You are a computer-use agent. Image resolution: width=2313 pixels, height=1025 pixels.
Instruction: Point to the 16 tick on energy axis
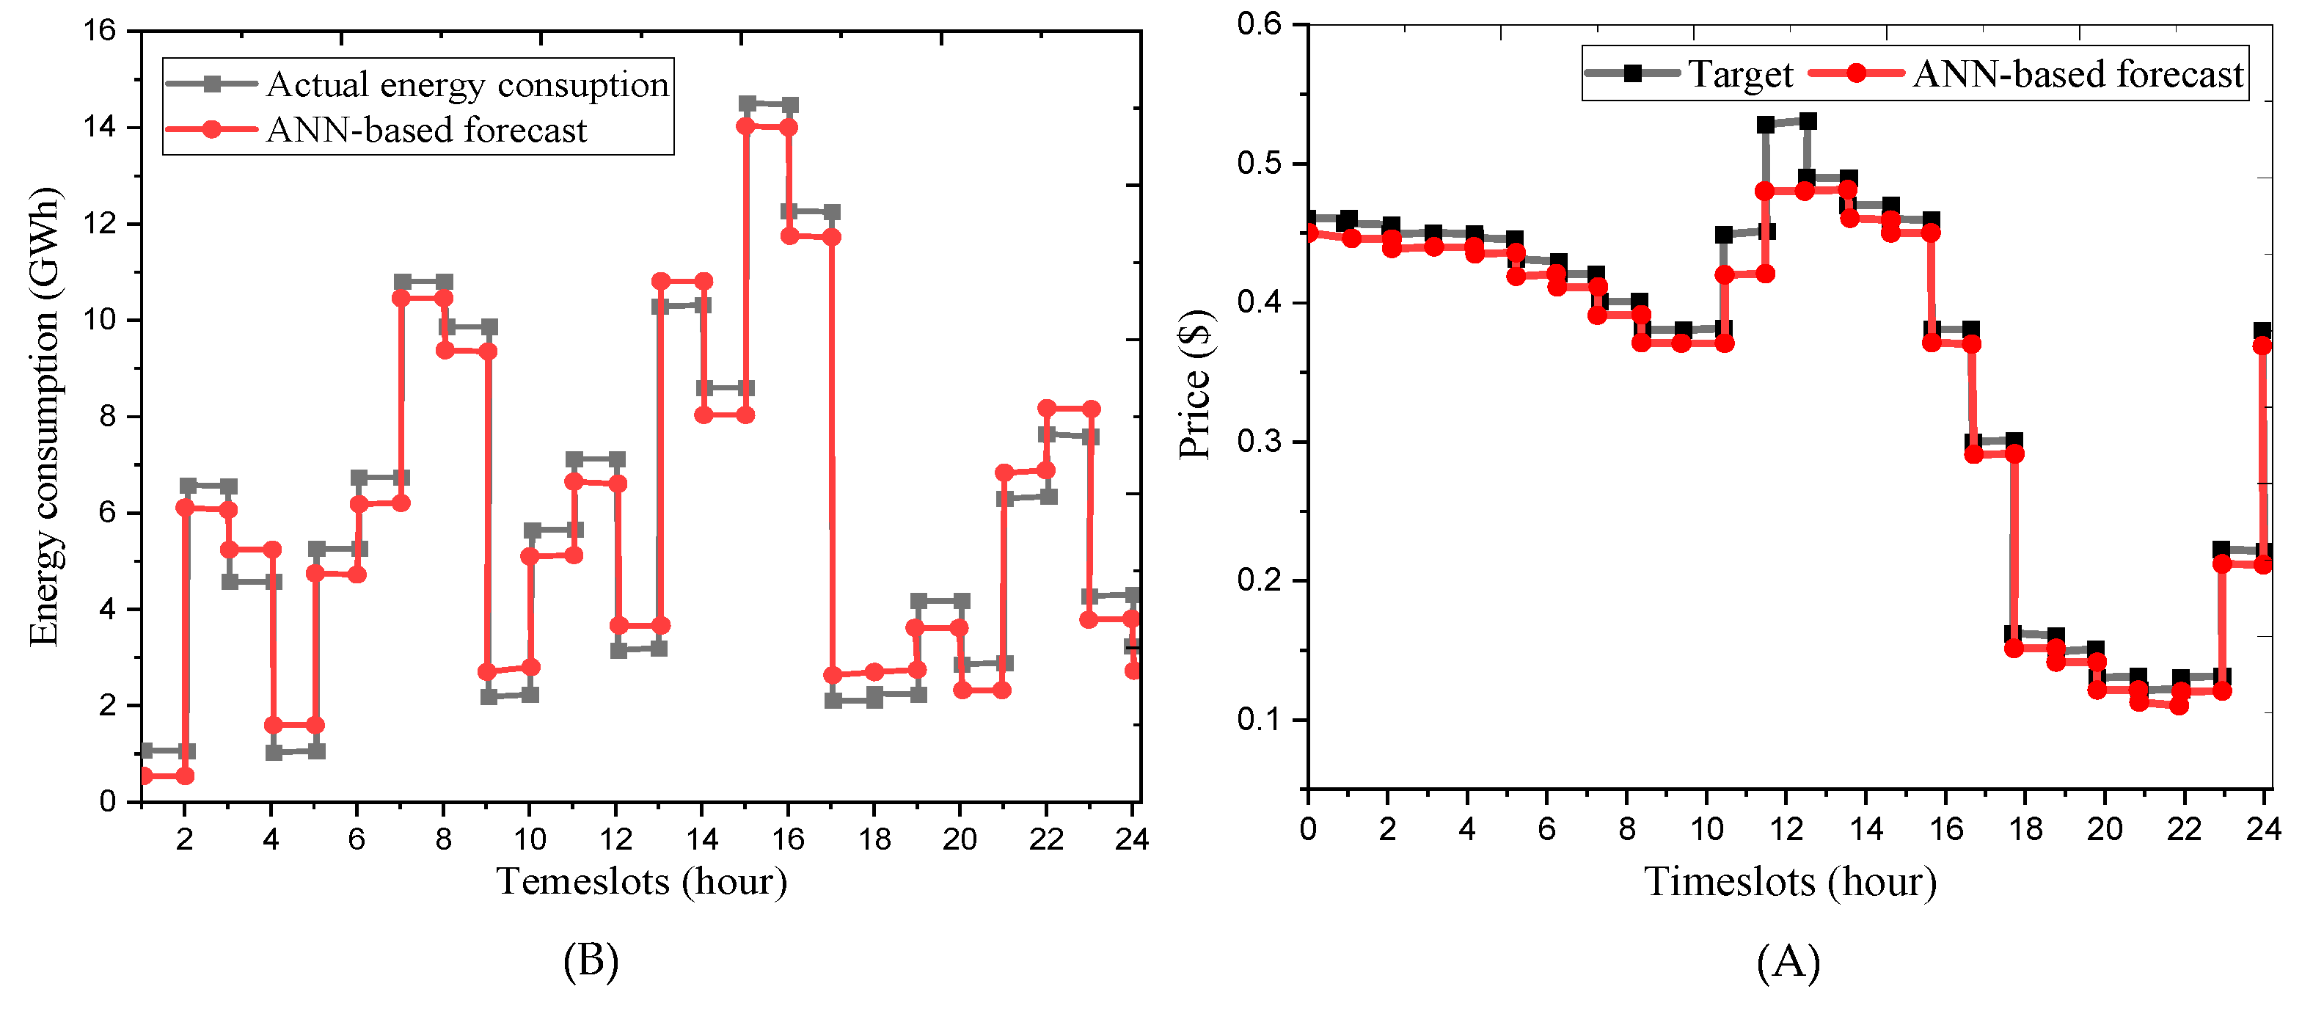pyautogui.click(x=100, y=32)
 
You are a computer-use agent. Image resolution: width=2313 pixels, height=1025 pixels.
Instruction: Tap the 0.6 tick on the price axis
pyautogui.click(x=1259, y=24)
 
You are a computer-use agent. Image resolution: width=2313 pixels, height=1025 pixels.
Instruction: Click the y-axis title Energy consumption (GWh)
pyautogui.click(x=43, y=416)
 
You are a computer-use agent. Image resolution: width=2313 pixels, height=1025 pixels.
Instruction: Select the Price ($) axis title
pyautogui.click(x=1195, y=384)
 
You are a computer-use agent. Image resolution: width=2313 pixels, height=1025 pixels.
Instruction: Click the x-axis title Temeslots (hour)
pyautogui.click(x=641, y=882)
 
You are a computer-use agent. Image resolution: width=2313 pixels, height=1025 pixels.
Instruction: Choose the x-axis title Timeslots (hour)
pyautogui.click(x=1789, y=882)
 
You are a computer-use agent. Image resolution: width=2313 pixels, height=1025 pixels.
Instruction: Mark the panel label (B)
pyautogui.click(x=591, y=961)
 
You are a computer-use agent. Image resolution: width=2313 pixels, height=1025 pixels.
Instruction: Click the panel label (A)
pyautogui.click(x=1788, y=962)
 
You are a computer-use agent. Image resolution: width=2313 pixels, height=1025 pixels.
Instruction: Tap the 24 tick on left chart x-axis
pyautogui.click(x=1131, y=840)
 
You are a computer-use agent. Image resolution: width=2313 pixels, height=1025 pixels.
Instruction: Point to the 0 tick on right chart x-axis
pyautogui.click(x=1308, y=829)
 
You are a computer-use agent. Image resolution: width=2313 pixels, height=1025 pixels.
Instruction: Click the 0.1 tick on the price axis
pyautogui.click(x=1259, y=721)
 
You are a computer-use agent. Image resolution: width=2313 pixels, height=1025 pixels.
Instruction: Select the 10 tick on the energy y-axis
pyautogui.click(x=100, y=321)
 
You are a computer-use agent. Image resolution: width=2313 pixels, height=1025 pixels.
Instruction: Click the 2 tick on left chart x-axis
pyautogui.click(x=184, y=840)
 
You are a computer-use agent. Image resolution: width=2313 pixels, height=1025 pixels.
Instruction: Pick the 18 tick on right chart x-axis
pyautogui.click(x=2025, y=829)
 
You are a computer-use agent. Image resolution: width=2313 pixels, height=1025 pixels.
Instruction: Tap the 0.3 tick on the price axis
pyautogui.click(x=1259, y=442)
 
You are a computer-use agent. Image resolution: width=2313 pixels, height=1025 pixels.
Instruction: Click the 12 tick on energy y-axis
pyautogui.click(x=100, y=225)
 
